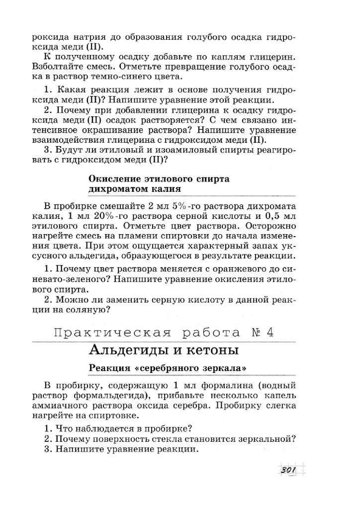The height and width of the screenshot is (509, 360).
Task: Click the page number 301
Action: [x=288, y=470]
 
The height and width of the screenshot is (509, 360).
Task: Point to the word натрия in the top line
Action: [x=82, y=36]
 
